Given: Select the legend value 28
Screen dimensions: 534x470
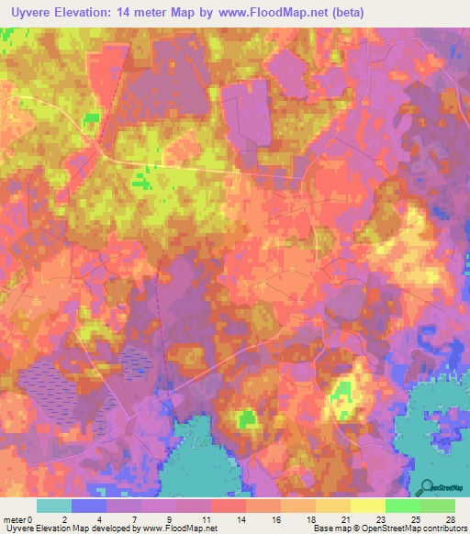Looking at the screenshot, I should [x=449, y=518].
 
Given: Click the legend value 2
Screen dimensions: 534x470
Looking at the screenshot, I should [x=64, y=518].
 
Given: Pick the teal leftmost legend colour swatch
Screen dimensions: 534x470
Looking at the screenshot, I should [x=54, y=506].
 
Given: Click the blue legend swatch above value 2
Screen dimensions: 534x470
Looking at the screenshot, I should [x=89, y=506].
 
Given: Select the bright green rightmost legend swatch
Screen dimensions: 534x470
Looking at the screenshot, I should [x=438, y=506].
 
